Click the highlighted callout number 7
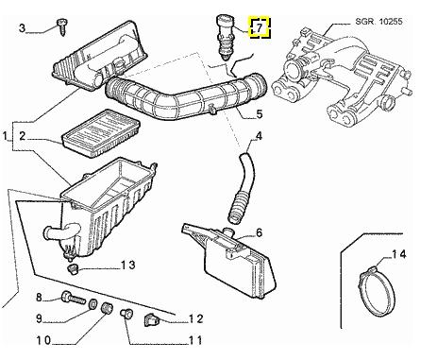(x=260, y=27)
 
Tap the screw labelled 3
(x=61, y=27)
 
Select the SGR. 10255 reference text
(x=378, y=22)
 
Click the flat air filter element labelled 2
(x=101, y=132)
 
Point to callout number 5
(x=259, y=114)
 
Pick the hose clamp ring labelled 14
(x=377, y=290)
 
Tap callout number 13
(x=128, y=265)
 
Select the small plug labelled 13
(x=73, y=269)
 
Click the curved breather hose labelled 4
(x=242, y=186)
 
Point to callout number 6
(x=259, y=232)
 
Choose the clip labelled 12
(x=151, y=320)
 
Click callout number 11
(x=194, y=340)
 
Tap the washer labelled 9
(x=93, y=303)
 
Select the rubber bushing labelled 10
(x=107, y=307)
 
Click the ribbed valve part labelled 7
(x=226, y=38)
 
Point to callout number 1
(x=5, y=137)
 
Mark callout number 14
(x=398, y=254)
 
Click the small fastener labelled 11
(x=126, y=314)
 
